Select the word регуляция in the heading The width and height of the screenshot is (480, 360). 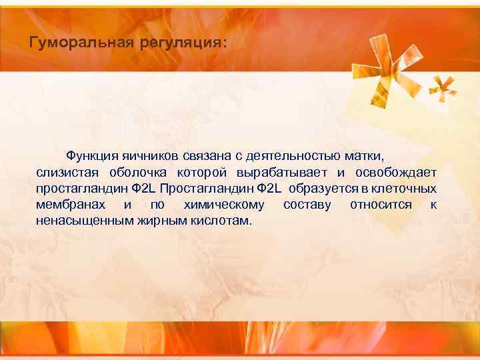coord(182,43)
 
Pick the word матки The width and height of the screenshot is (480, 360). coord(364,156)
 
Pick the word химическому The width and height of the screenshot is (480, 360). coord(223,204)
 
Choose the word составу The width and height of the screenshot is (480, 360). coord(307,204)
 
